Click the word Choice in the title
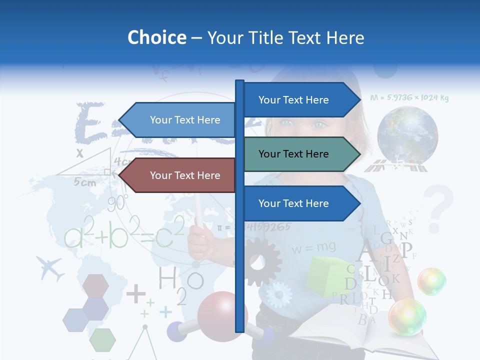(156, 37)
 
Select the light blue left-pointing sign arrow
(177, 120)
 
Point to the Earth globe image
(407, 135)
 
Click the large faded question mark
(438, 208)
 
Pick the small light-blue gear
(278, 294)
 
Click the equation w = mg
(314, 247)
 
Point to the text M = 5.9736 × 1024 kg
(409, 98)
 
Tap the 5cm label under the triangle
(85, 182)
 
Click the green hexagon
(102, 340)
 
